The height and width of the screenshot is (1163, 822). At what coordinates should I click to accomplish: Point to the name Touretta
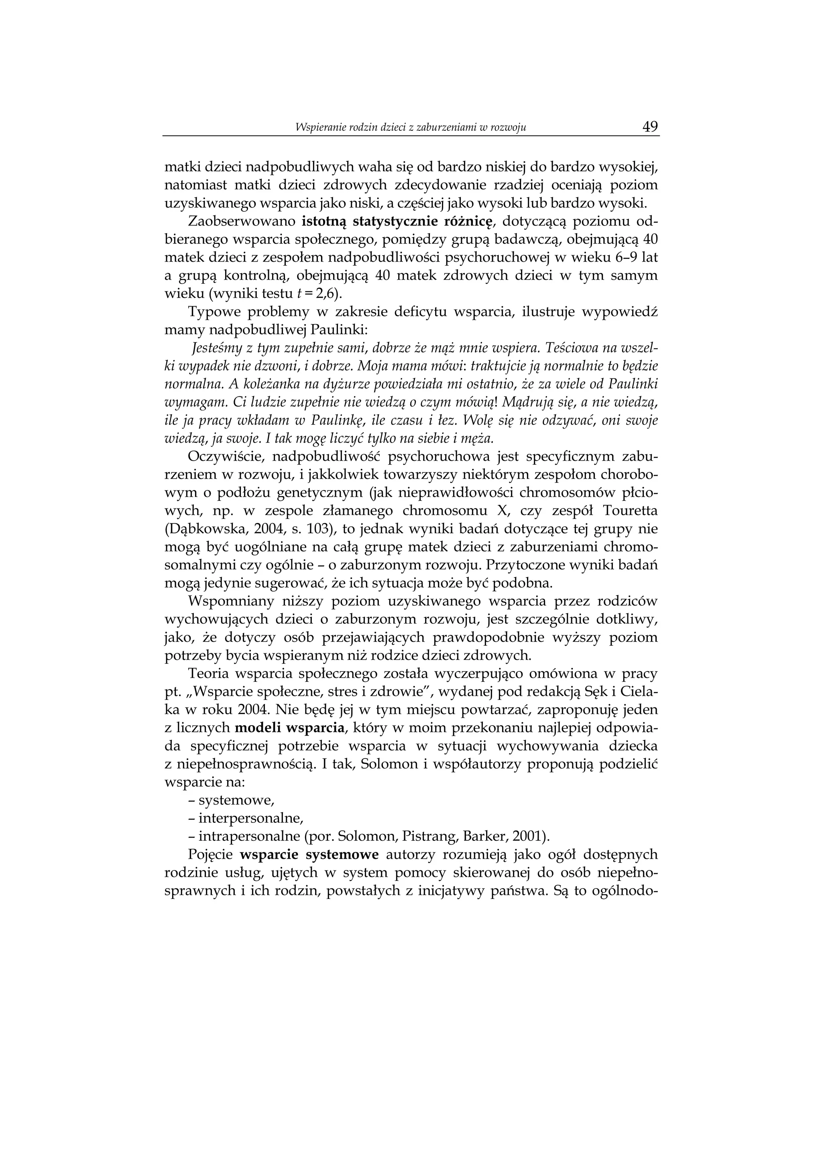pyautogui.click(x=632, y=510)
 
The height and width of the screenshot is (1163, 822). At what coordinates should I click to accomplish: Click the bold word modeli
pyautogui.click(x=259, y=728)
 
